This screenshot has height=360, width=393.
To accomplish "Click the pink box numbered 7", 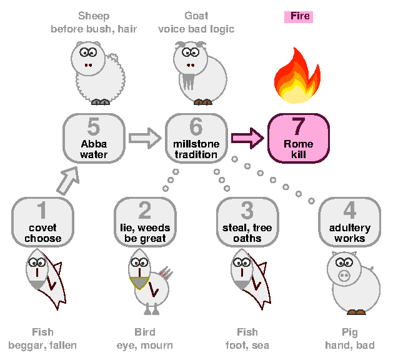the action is click(299, 138).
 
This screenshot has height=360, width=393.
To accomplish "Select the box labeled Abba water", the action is click(94, 138).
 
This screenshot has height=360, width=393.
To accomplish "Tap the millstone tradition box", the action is click(196, 138).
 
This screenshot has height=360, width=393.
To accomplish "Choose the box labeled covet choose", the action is click(42, 222).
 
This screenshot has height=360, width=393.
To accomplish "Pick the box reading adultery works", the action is click(350, 222).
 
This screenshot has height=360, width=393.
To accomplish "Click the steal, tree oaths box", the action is click(247, 222).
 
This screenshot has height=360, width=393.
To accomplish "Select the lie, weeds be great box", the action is click(145, 222).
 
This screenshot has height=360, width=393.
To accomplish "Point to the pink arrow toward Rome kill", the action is click(247, 138).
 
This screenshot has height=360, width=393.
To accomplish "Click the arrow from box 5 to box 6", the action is click(145, 138).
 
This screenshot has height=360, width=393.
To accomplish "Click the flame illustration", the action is click(297, 76).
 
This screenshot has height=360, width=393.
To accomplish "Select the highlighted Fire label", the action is click(299, 17).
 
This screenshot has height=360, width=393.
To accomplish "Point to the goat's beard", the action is click(189, 81).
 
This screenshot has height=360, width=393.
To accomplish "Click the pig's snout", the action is click(344, 276).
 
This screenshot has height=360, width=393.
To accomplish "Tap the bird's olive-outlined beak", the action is click(139, 282).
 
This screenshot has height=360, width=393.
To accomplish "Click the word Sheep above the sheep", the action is click(94, 16).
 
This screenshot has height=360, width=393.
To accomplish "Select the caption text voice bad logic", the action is click(196, 29).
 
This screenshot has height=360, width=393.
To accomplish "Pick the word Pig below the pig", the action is click(350, 332).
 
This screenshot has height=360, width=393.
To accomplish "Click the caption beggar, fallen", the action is click(42, 346).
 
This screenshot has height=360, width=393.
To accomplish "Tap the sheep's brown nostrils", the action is click(88, 65).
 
